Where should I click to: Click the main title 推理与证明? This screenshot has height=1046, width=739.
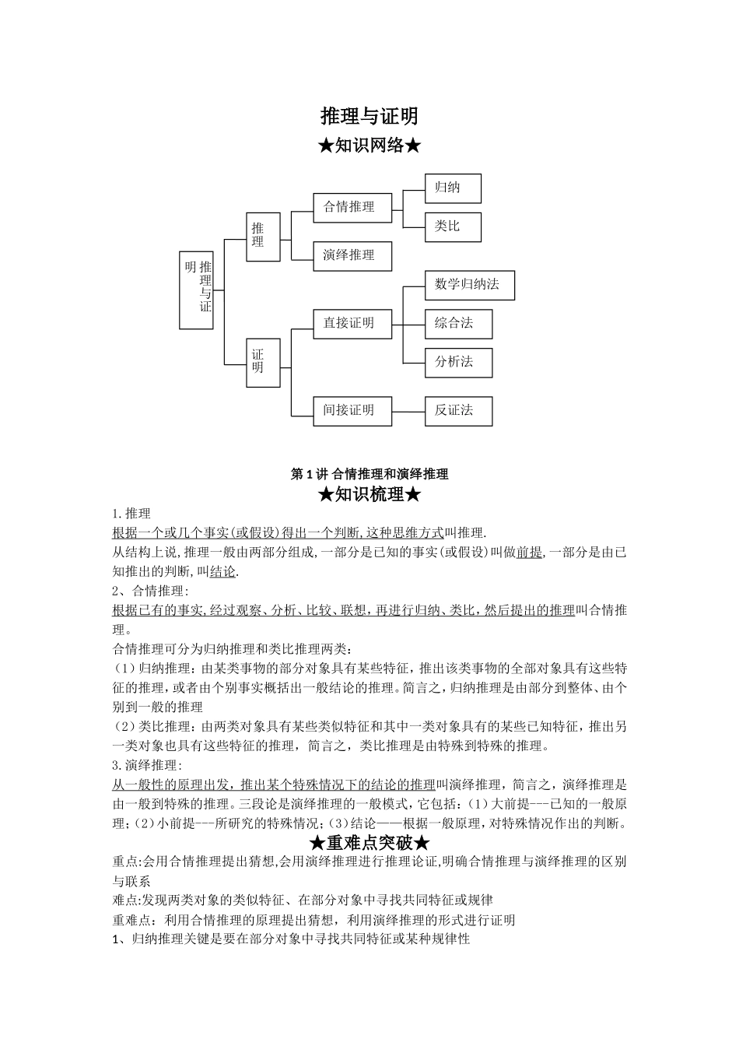[x=369, y=116]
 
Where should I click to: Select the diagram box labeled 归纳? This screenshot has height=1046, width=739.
[x=453, y=188]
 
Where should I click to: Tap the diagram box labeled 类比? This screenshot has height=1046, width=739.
[x=453, y=226]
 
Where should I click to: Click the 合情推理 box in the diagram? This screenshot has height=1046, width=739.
[x=352, y=207]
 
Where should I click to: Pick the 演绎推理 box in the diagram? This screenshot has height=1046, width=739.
[x=352, y=255]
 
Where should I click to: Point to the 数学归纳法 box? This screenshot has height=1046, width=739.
[x=469, y=285]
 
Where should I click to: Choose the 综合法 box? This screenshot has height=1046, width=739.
[x=458, y=323]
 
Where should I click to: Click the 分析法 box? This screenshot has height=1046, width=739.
[x=458, y=362]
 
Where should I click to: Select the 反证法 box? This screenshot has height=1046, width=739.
[x=458, y=410]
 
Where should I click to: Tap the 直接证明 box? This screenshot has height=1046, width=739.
[x=352, y=323]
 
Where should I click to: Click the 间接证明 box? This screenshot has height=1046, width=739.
[x=352, y=410]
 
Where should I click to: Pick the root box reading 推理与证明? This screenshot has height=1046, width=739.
[x=196, y=290]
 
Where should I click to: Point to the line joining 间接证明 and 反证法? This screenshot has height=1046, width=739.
[x=408, y=410]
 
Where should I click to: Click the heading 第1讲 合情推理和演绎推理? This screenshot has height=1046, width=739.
[x=369, y=474]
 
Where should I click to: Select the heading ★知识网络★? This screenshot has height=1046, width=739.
[x=369, y=146]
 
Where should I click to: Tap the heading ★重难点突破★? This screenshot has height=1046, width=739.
[x=369, y=843]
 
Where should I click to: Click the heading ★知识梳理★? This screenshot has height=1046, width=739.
[x=369, y=494]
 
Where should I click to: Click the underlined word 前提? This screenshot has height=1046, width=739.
[x=529, y=553]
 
